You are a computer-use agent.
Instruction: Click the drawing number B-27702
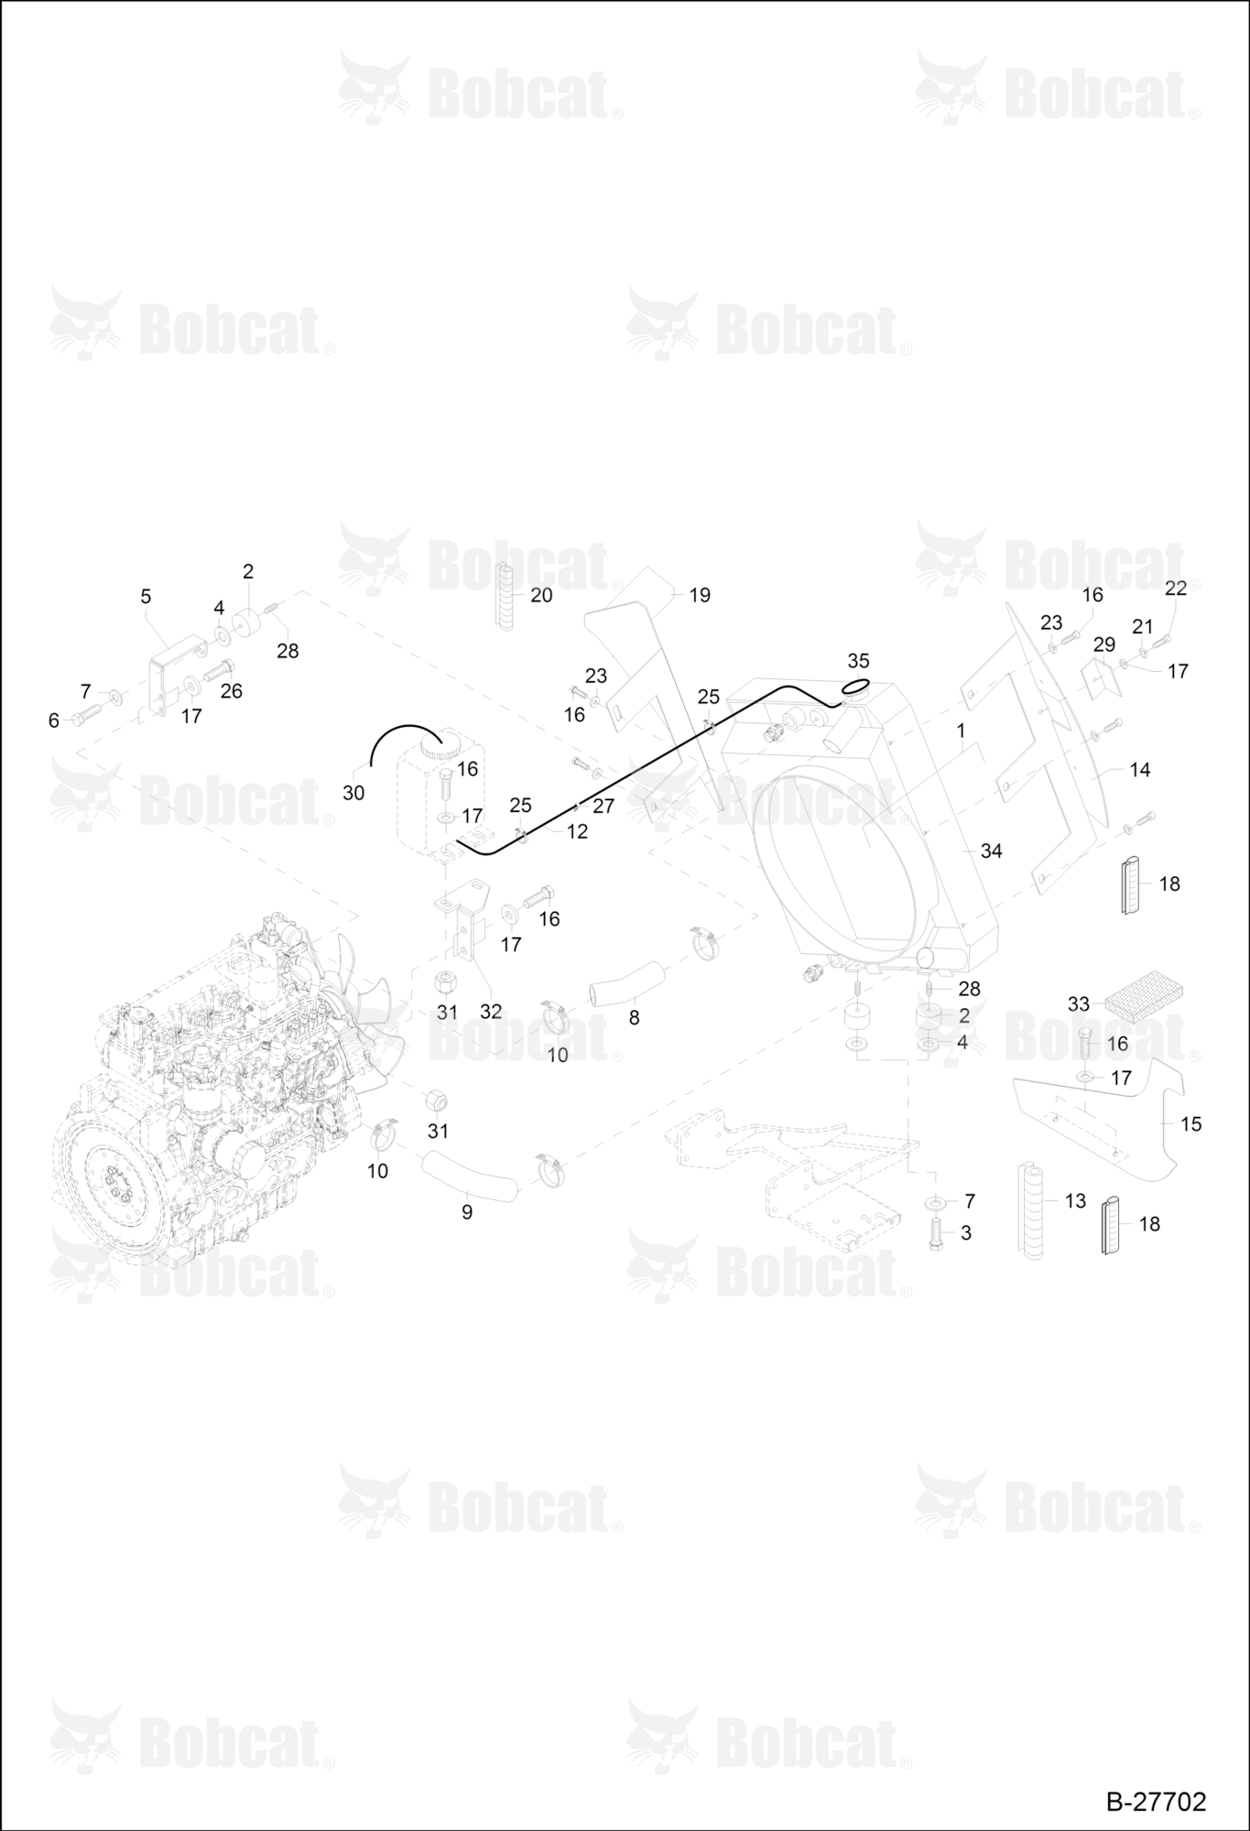click(x=1156, y=1802)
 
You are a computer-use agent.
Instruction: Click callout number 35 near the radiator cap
click(x=858, y=660)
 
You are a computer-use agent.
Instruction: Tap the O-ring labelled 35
click(x=855, y=687)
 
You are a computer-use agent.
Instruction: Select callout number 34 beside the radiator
click(x=991, y=850)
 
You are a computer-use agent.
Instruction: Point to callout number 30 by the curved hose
click(x=353, y=793)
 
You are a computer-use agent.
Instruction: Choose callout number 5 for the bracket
click(x=146, y=596)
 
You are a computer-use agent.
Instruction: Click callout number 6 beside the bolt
click(x=53, y=720)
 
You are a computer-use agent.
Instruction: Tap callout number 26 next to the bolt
click(x=231, y=691)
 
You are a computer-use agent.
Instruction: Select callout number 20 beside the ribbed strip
click(x=541, y=595)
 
